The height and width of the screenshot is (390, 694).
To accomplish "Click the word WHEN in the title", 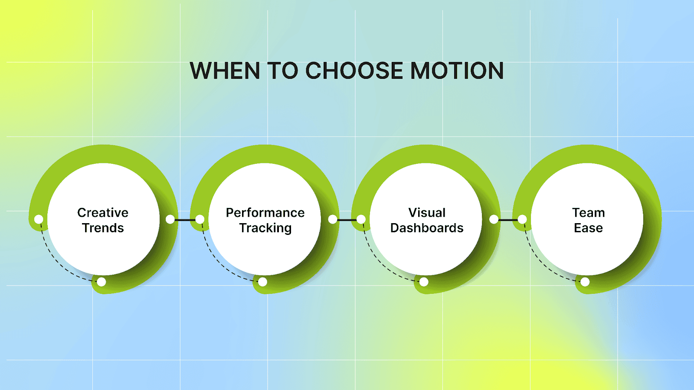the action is pos(225,71).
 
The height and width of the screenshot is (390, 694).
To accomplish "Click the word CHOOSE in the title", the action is pos(354,71).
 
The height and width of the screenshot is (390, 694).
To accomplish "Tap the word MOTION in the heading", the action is pos(457,71).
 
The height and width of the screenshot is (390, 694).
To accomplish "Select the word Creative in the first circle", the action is pos(103,213).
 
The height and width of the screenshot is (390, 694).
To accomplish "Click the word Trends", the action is pos(103,228).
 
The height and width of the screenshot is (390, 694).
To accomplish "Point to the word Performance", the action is pos(265,213).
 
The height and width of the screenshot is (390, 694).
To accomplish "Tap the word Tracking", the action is pos(265,228).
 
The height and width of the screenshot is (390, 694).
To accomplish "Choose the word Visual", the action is pos(427,213).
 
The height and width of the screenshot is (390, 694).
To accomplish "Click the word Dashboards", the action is pos(427,228).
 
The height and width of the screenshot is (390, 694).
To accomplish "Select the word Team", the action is pos(588,213).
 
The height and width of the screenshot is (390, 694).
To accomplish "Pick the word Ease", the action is pos(588,228).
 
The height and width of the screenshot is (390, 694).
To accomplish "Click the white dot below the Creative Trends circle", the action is pos(101,282).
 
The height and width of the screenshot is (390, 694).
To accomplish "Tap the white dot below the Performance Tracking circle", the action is pos(262,282).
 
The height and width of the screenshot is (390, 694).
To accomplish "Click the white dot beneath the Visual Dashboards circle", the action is pos(424,282).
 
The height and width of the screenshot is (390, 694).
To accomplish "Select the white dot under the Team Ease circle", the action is pos(585,282).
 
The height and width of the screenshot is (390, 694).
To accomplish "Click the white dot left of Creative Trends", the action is pos(39,219).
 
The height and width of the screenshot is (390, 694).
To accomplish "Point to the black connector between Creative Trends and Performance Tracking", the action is pos(185,220).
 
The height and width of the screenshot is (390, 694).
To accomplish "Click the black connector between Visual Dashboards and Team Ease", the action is pos(508,220).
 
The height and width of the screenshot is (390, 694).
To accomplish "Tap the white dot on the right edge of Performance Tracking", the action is pos(333,219).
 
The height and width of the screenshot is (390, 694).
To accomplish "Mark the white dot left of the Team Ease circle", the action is pos(522,219).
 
